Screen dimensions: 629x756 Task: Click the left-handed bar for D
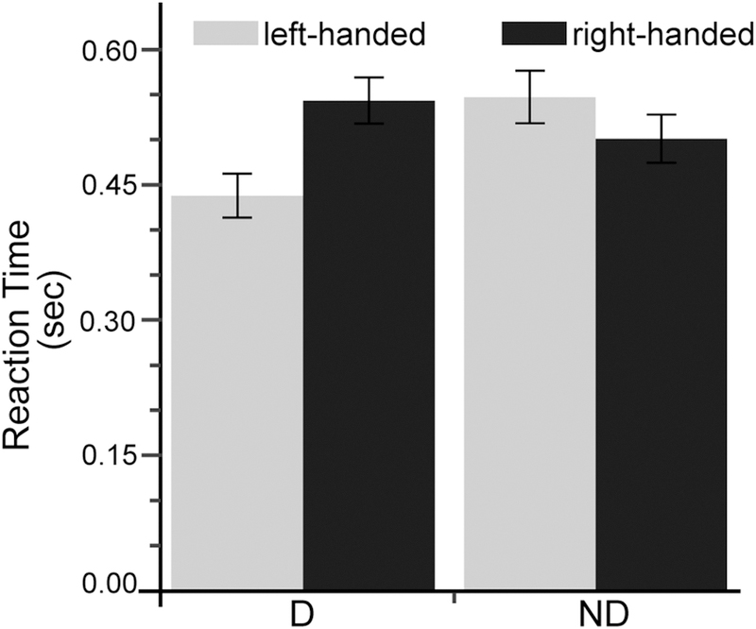(237, 397)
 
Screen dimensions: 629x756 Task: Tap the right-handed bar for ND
(661, 368)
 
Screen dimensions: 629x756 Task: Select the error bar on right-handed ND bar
(661, 139)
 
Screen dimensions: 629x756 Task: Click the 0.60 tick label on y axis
(108, 49)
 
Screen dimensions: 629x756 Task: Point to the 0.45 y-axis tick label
(108, 185)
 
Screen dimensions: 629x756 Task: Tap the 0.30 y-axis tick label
(108, 321)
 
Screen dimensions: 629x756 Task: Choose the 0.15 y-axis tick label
(108, 456)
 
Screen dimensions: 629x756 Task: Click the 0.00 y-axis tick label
(108, 587)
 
